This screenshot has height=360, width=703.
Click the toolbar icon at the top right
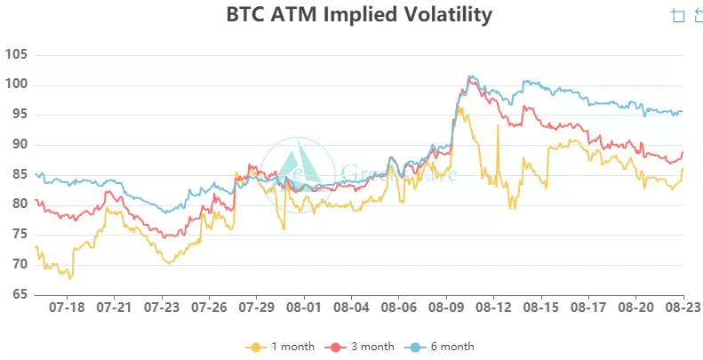679,15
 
